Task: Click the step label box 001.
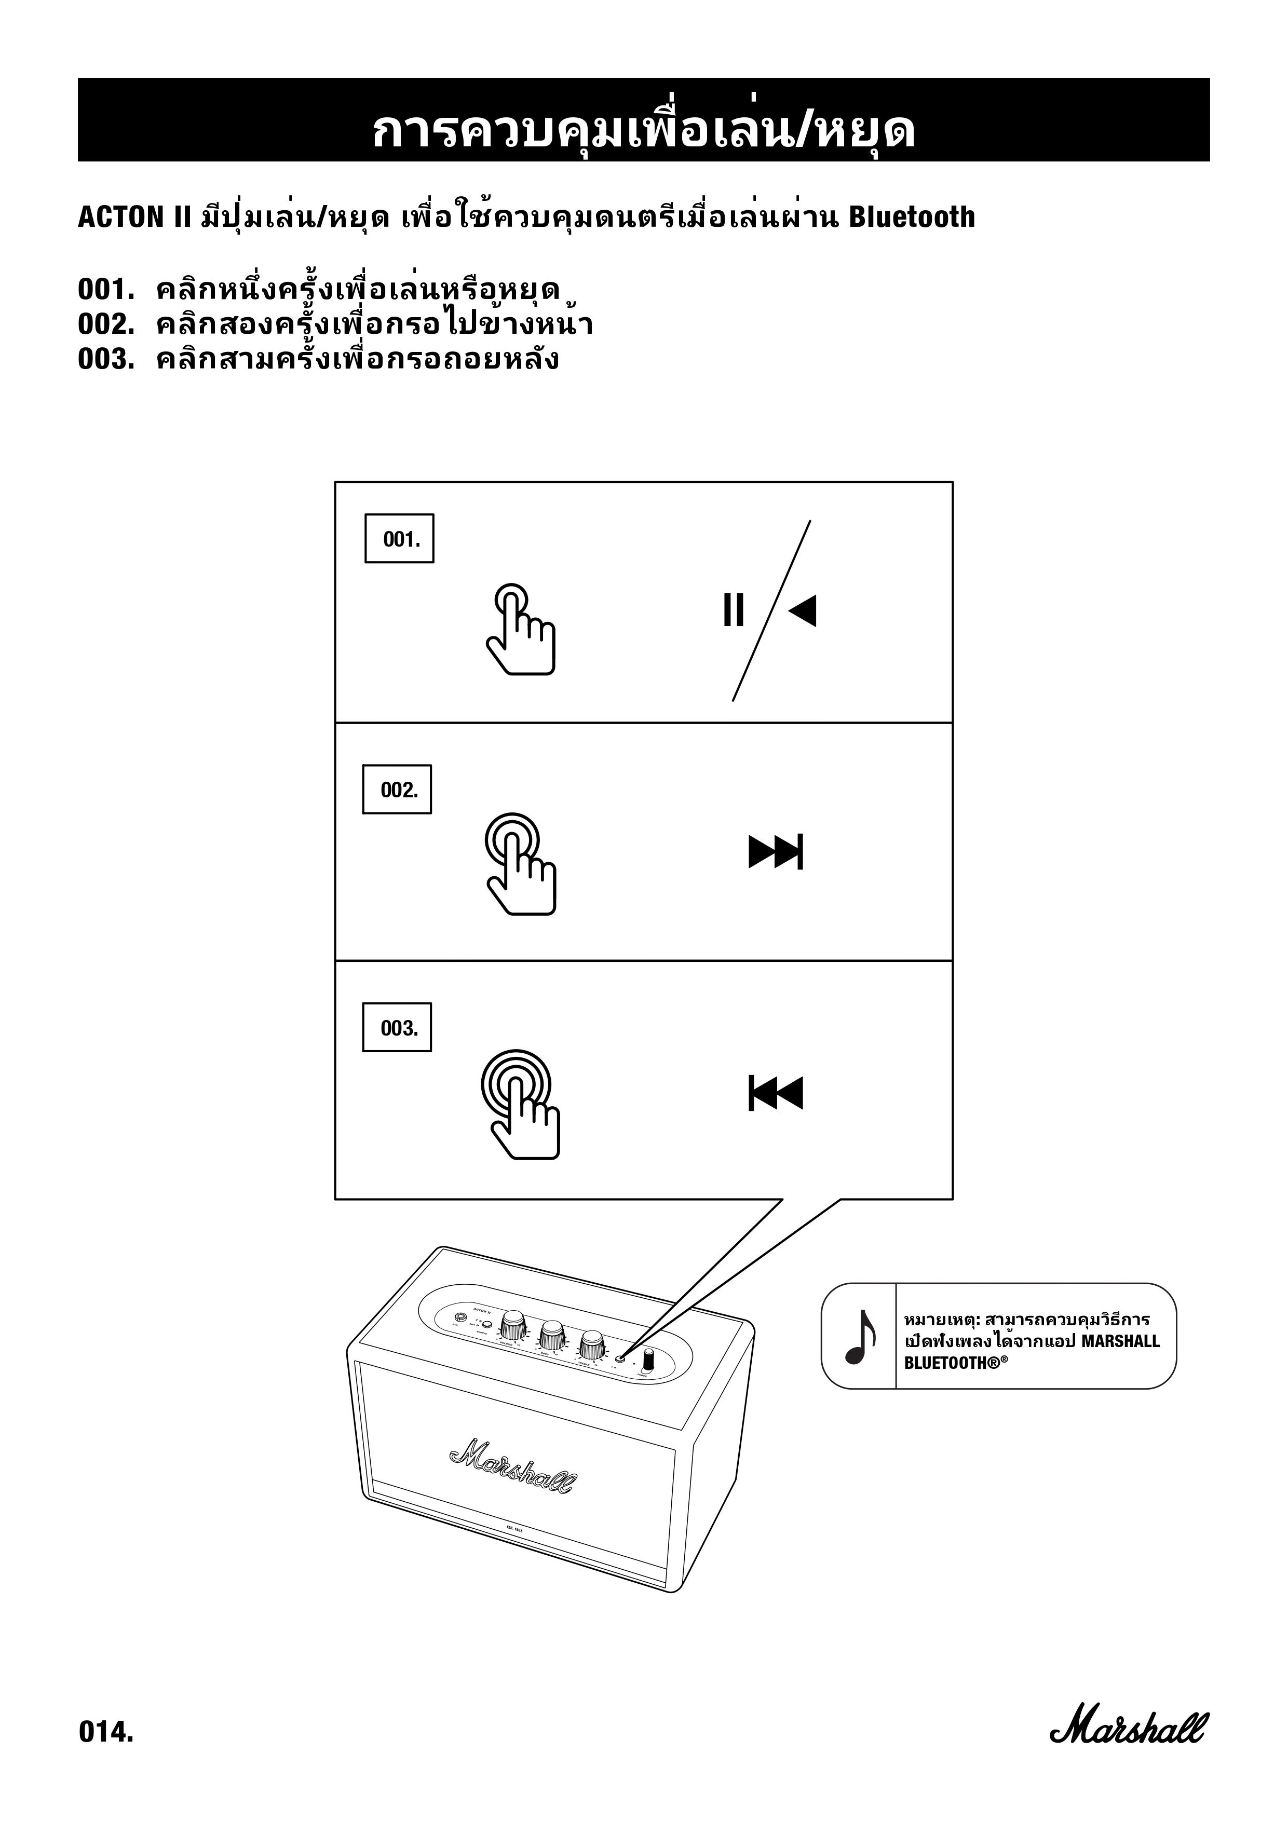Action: point(399,538)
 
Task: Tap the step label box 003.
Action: point(397,1027)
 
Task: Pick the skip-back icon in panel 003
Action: point(776,1093)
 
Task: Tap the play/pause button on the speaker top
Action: point(621,1358)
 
